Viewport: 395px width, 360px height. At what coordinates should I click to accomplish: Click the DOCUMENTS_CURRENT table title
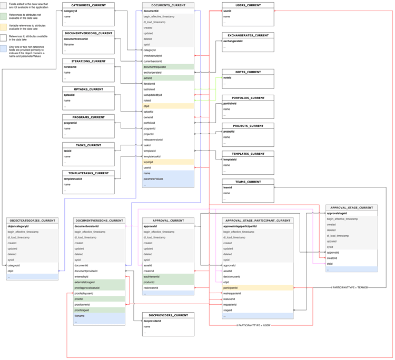168,5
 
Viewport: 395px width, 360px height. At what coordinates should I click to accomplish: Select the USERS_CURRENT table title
248,5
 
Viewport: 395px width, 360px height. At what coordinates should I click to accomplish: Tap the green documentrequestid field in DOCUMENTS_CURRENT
155,67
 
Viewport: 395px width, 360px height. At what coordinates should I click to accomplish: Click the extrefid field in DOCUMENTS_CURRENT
148,78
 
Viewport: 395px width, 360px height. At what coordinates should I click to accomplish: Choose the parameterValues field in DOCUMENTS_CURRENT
153,179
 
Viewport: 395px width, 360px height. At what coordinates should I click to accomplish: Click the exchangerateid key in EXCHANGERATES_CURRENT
233,41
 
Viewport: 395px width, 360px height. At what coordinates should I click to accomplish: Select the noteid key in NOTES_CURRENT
228,78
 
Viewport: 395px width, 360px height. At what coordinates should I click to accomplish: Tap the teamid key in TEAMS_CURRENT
228,187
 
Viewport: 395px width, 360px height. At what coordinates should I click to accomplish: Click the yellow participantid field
231,288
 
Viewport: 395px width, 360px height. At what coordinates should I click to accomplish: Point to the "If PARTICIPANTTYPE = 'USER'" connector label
254,325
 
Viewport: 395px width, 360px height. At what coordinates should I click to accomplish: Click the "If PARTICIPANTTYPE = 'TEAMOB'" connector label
350,287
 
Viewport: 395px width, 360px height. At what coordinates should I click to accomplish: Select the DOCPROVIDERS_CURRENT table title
168,315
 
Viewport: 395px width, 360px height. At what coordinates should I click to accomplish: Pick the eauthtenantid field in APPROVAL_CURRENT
152,276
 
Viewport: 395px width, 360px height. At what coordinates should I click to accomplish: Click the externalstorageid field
85,282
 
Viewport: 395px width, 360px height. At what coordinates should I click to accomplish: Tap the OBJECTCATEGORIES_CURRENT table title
32,221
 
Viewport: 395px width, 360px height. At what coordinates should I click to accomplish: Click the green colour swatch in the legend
4,17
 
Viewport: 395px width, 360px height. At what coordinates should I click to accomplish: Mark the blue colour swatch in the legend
4,49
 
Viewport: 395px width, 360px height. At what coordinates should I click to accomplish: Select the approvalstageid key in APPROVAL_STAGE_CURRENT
337,214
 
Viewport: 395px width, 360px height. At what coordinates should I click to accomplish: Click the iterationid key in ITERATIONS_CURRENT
70,67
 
